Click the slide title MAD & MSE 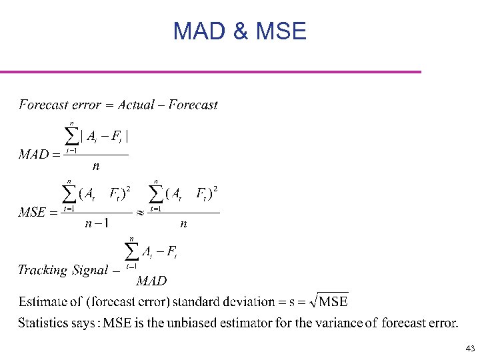239,31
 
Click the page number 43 470,349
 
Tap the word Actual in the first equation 136,105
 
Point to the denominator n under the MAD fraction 96,167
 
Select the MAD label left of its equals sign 34,155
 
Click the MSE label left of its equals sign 32,213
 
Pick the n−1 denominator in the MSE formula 97,224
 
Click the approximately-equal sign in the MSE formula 140,213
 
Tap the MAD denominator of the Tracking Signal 151,281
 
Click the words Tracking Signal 63,270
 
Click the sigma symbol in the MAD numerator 71,136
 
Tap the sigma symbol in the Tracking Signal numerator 132,251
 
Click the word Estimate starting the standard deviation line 41,302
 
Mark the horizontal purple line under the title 211,71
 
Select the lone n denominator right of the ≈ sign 183,224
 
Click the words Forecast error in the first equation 60,105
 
